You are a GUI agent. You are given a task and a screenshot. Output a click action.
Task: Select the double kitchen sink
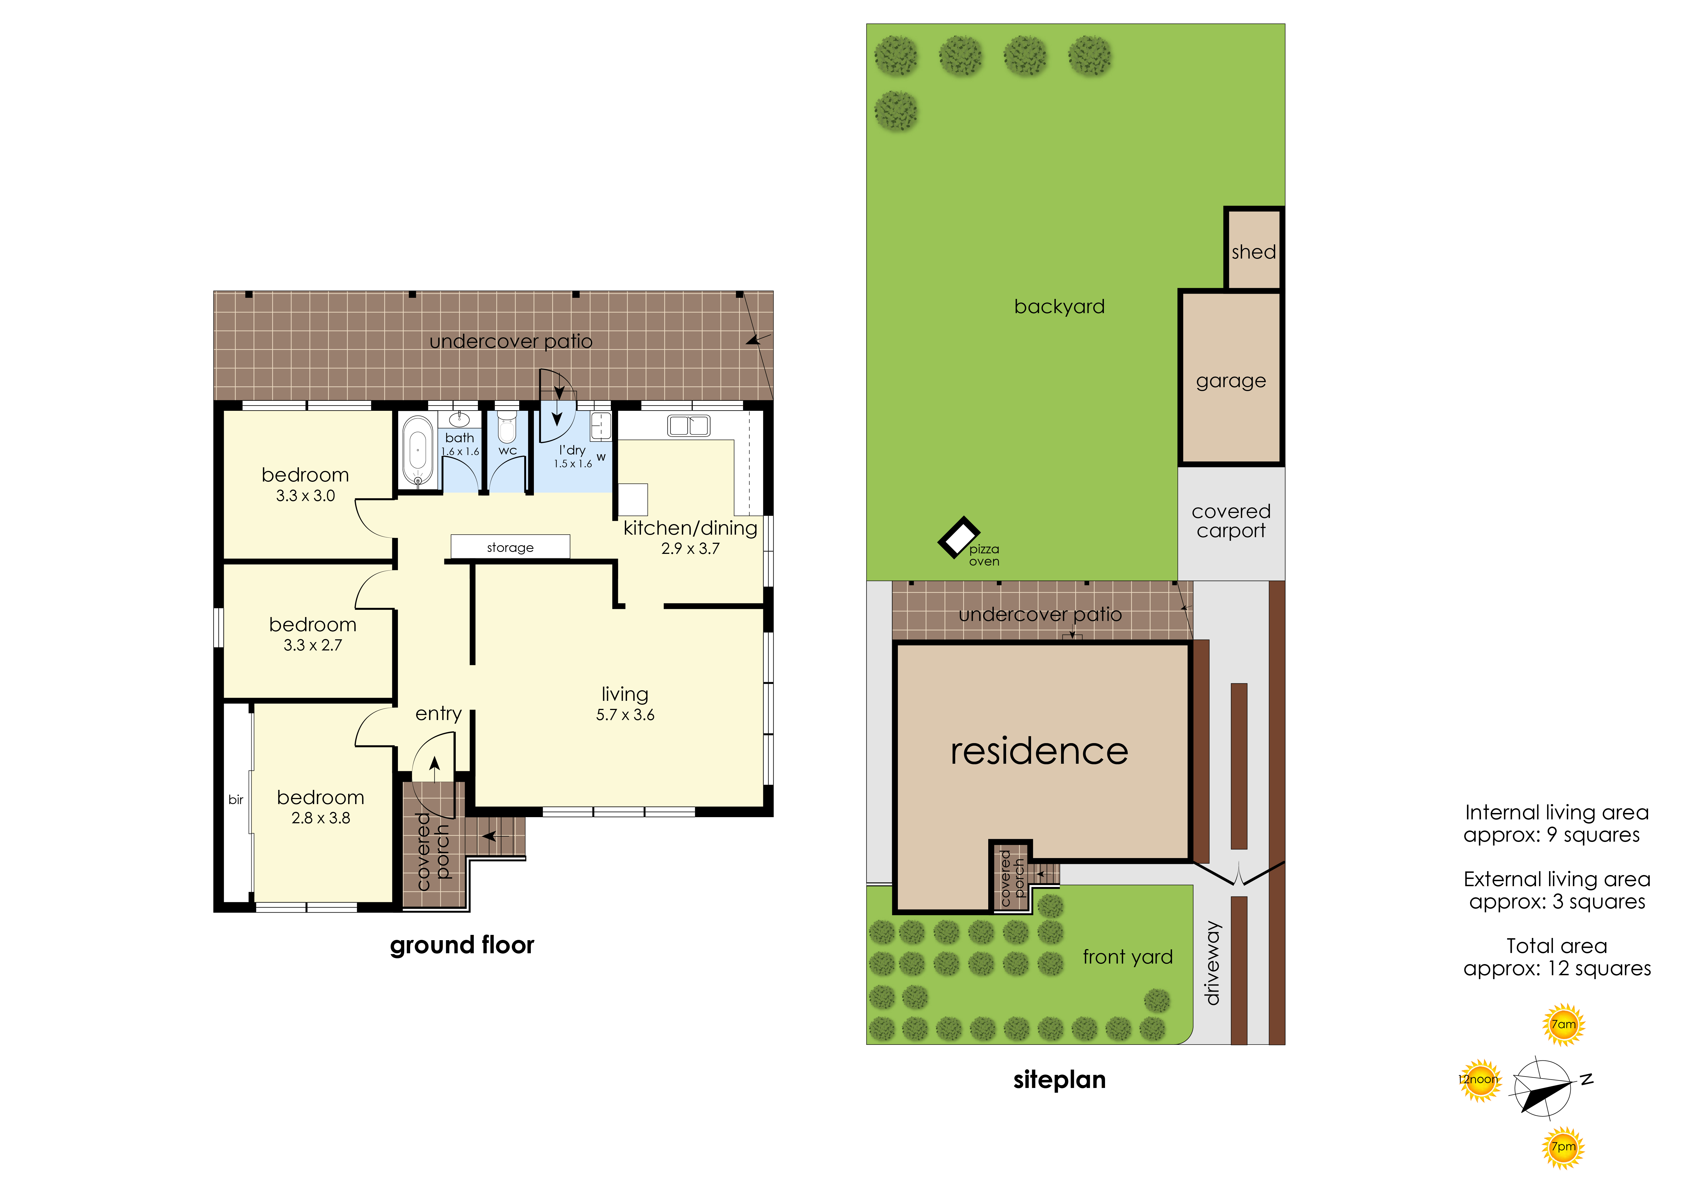click(688, 425)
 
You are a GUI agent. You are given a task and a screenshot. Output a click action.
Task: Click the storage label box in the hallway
click(510, 546)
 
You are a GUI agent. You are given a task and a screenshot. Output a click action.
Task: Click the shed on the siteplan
click(1254, 249)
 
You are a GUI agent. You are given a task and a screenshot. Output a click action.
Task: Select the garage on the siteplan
click(1231, 378)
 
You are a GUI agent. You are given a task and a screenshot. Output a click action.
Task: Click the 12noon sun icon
click(1479, 1079)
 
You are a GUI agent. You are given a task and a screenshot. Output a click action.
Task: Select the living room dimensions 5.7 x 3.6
click(625, 715)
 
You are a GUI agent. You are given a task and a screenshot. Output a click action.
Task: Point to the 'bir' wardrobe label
click(236, 799)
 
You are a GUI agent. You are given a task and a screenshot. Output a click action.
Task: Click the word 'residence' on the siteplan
click(1039, 751)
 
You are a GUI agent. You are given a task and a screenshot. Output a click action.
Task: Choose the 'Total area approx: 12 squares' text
click(1557, 957)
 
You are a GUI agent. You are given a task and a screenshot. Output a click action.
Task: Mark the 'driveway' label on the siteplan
click(1212, 963)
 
